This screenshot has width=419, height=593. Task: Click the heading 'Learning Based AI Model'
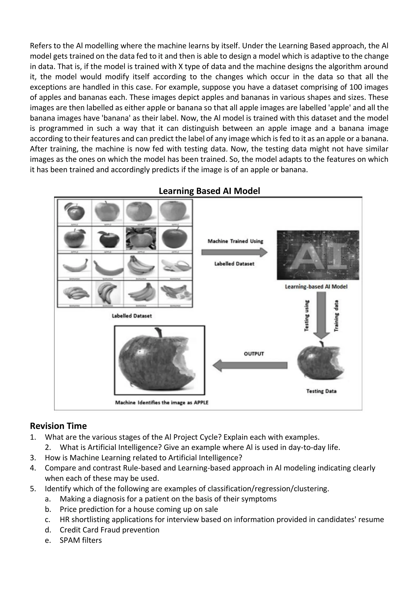coord(209,191)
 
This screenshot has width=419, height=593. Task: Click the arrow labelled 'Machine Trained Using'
coord(234,252)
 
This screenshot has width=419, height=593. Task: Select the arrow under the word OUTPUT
coord(250,365)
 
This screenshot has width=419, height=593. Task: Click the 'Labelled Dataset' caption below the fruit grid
coord(132,316)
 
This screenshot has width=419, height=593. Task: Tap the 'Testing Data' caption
coord(321,391)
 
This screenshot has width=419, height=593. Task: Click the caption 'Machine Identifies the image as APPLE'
coord(161,402)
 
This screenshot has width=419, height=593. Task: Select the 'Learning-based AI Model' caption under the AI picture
coord(316,287)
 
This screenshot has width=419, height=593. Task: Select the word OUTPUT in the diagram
coord(254,354)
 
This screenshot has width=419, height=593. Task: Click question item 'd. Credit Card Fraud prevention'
coord(109,530)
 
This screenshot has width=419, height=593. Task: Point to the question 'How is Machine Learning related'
coord(143,457)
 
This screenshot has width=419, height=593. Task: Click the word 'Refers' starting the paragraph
coord(40,46)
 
